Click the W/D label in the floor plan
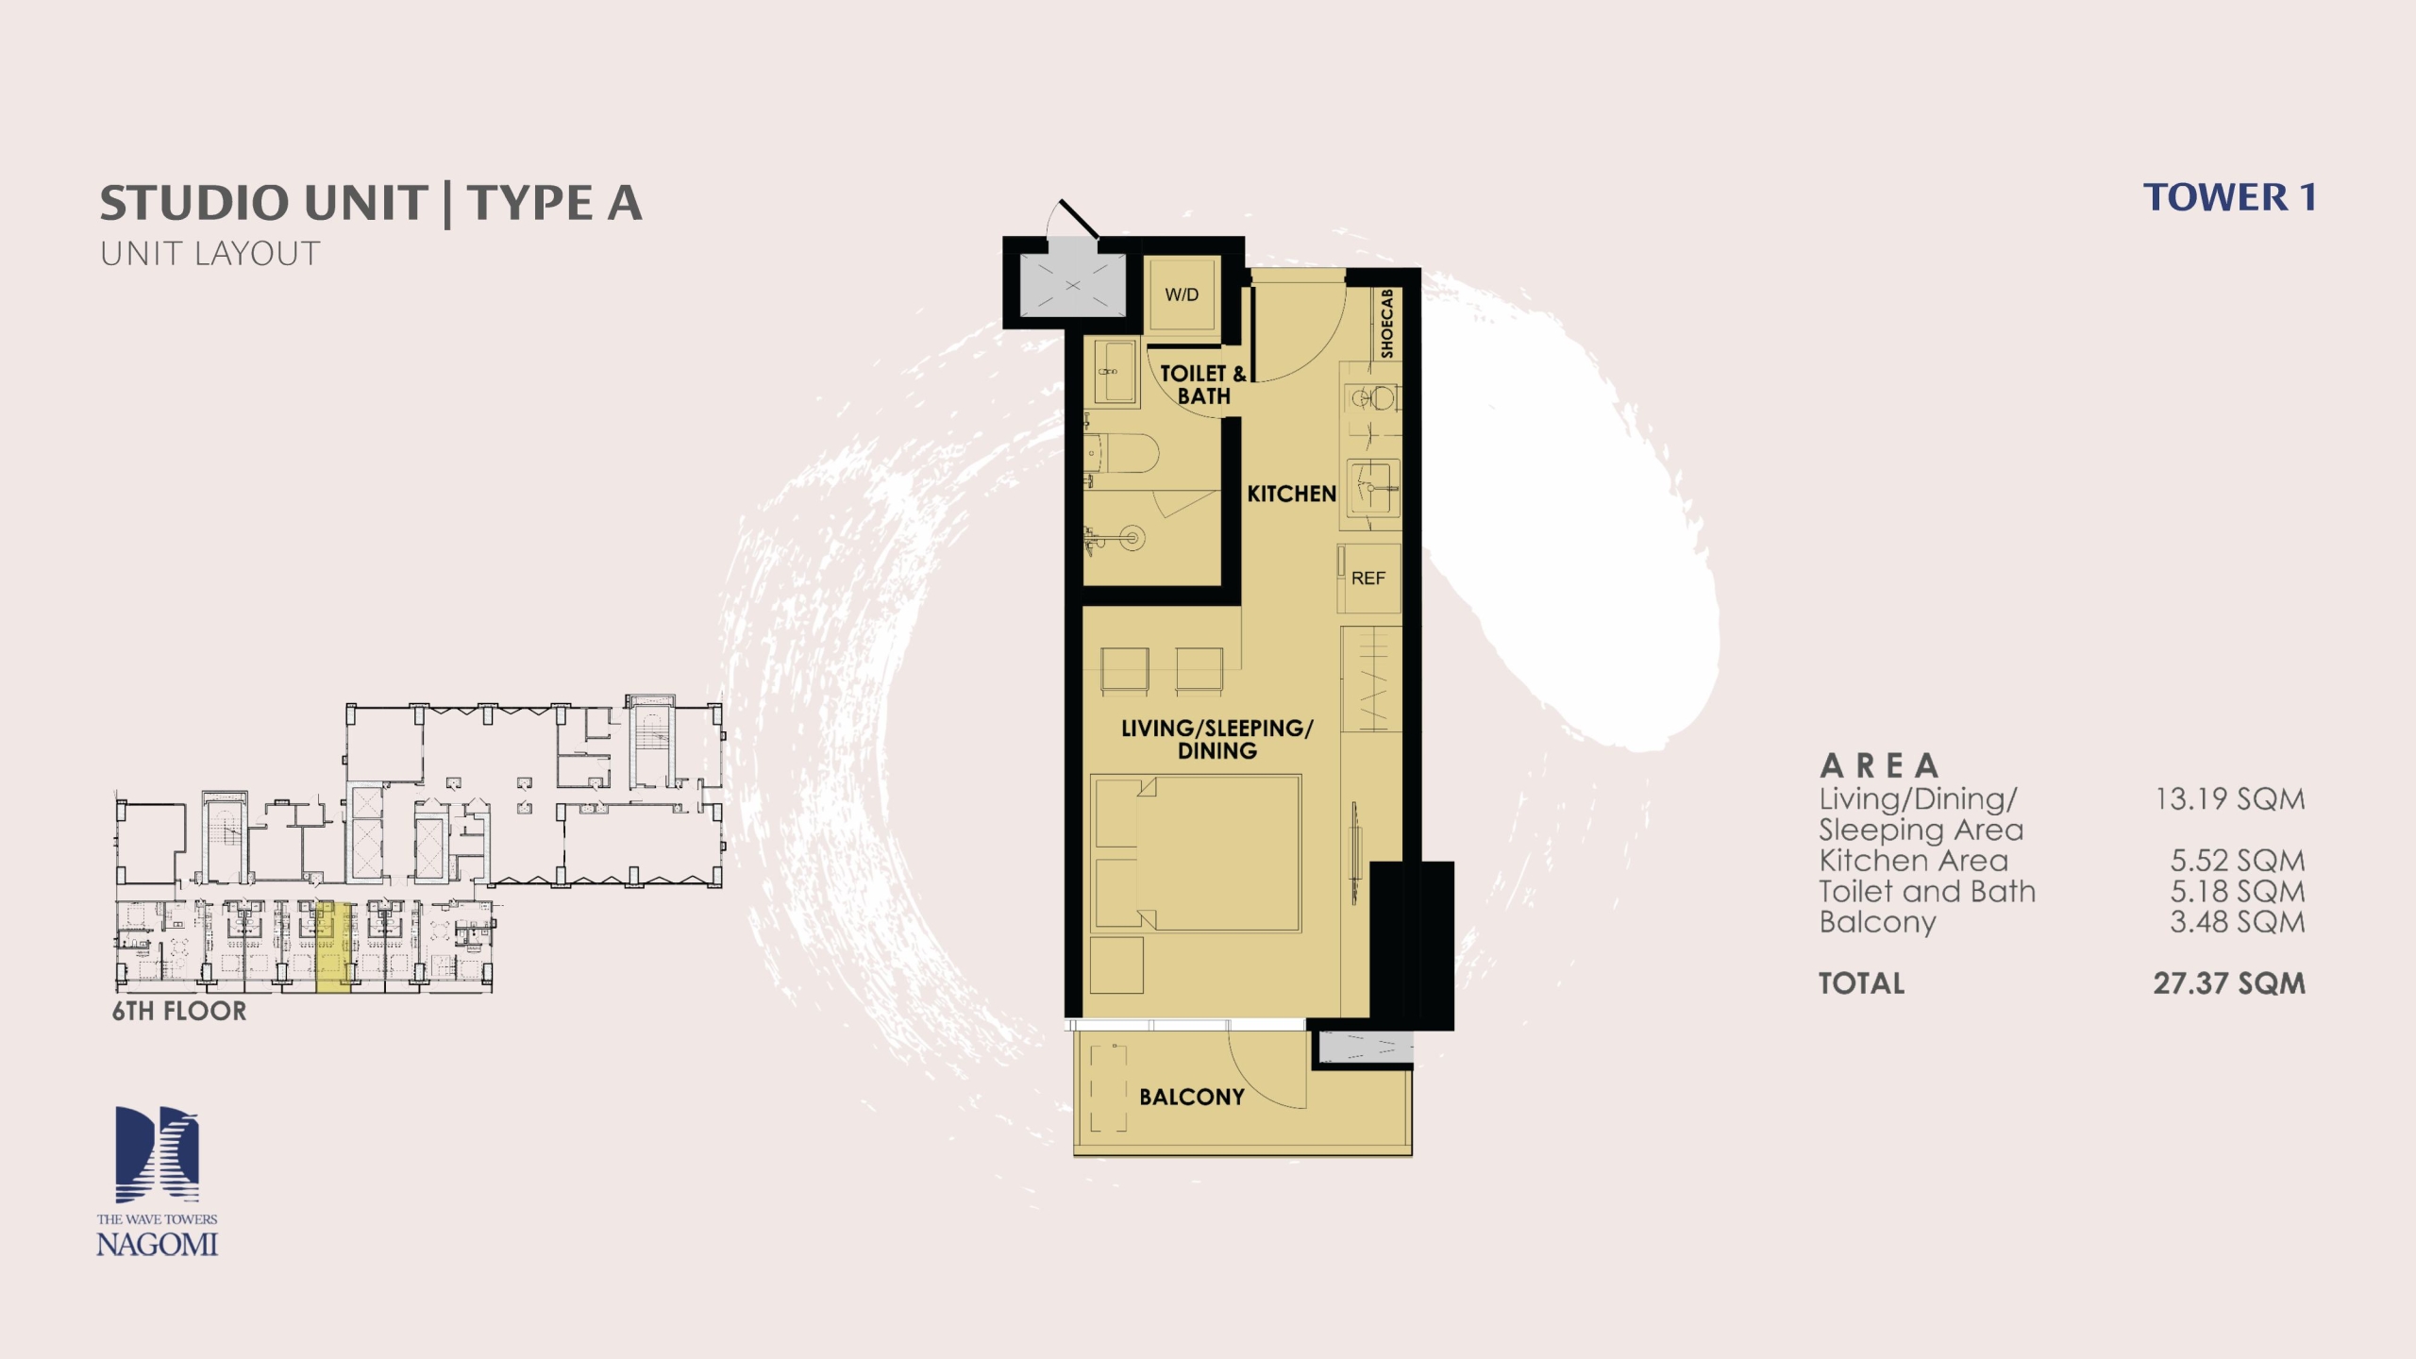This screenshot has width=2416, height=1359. [1182, 294]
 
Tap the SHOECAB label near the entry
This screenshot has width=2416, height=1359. [1386, 324]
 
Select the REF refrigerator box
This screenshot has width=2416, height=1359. [1368, 579]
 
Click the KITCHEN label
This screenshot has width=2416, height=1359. [1292, 494]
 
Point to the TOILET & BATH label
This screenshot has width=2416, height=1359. [1203, 385]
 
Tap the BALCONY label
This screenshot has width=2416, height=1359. [1192, 1097]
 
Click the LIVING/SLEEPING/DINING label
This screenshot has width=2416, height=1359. [1217, 739]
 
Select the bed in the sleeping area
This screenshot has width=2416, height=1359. [1196, 854]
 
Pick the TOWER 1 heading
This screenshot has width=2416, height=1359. [2229, 197]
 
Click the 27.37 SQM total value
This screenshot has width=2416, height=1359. [2229, 983]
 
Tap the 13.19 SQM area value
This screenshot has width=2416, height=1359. [2230, 799]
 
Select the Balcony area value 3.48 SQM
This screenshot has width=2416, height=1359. [2238, 922]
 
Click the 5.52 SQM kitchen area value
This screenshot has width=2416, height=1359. [2238, 861]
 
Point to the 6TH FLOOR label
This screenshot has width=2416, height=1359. [179, 1011]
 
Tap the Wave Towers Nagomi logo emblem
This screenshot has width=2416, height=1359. [158, 1155]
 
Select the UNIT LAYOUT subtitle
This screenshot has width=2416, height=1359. [210, 254]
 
